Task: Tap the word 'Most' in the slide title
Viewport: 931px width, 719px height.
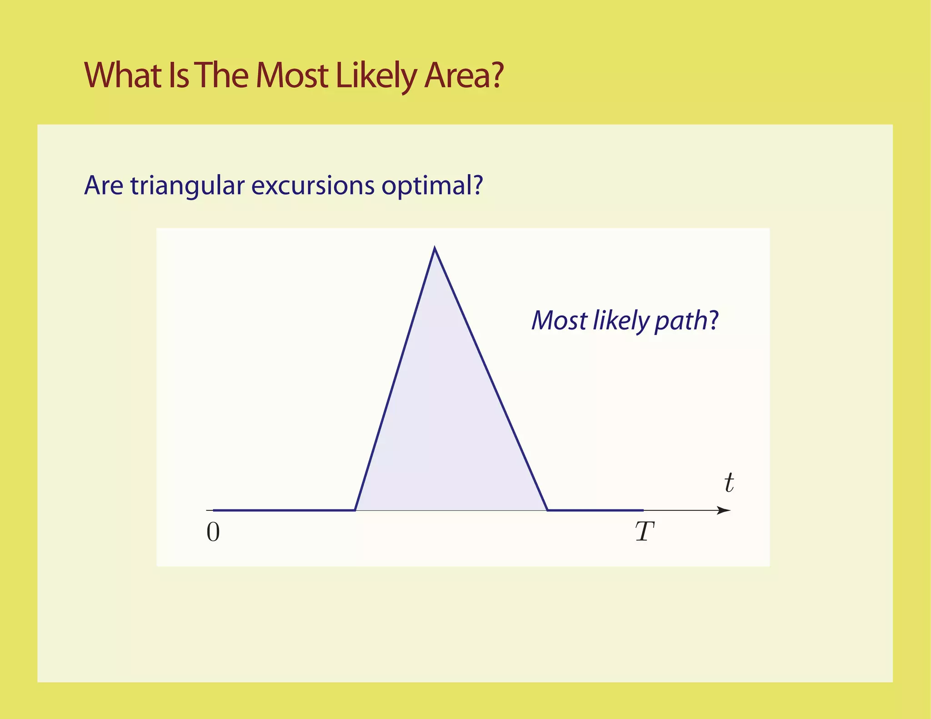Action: click(x=292, y=75)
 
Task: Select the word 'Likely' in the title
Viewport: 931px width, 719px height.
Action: click(x=375, y=76)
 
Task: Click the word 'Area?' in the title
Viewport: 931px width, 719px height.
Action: click(x=464, y=75)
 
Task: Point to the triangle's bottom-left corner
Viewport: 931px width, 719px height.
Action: click(x=355, y=510)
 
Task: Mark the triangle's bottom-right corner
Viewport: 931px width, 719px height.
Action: click(x=547, y=510)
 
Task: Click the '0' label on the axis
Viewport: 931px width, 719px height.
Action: click(x=213, y=532)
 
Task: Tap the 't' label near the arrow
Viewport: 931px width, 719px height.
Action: click(x=729, y=483)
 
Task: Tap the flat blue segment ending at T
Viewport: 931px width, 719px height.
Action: click(x=596, y=510)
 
